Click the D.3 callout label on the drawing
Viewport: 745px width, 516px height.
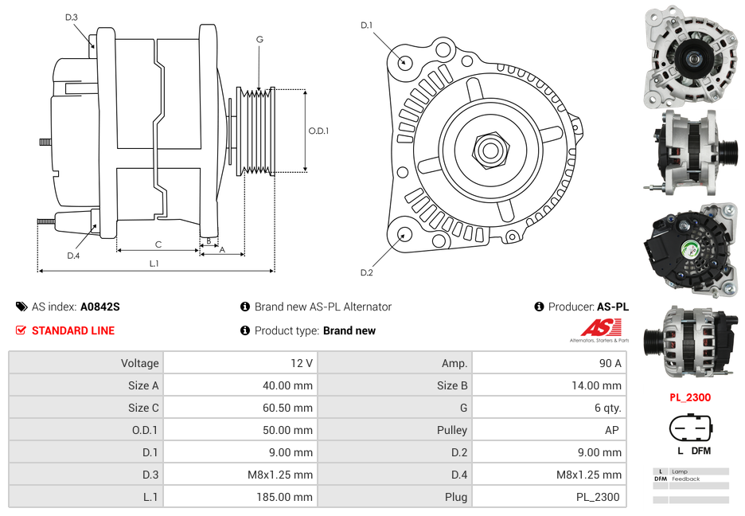[72, 17]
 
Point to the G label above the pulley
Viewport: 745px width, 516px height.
[259, 39]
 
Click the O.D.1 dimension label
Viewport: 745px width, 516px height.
[318, 131]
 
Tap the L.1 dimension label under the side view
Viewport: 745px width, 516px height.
[154, 264]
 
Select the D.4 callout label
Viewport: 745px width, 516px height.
[73, 255]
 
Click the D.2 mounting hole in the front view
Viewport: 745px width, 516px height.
[404, 234]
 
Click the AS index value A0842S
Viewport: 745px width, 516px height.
[100, 307]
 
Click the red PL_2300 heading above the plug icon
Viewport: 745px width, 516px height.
[690, 397]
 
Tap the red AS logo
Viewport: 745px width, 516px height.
[600, 326]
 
